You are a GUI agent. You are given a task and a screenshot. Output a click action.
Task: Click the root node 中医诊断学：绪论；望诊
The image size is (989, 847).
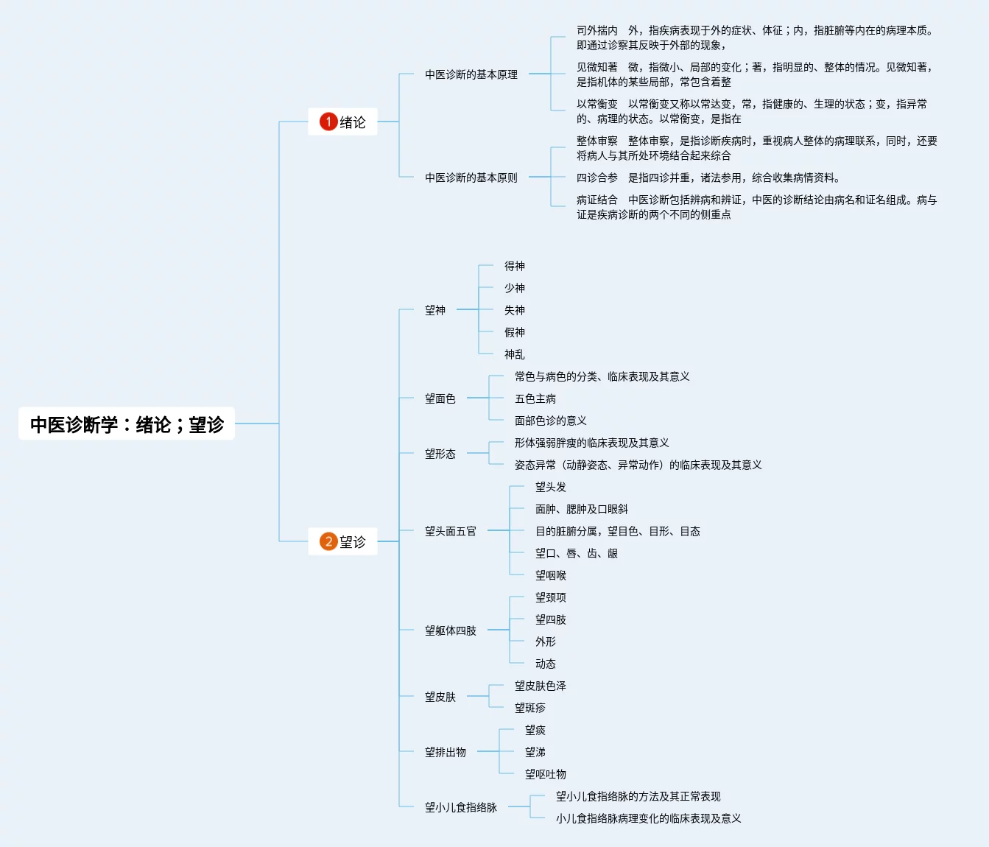coord(127,424)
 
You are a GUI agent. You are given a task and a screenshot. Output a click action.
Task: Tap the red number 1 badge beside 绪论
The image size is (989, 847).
coord(328,122)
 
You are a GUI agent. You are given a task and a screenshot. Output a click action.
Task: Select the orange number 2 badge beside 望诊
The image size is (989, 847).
coord(328,541)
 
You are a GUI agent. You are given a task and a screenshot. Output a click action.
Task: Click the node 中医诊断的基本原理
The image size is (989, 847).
coord(471,74)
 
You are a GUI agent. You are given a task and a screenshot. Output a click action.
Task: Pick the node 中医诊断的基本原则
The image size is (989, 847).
coord(471,178)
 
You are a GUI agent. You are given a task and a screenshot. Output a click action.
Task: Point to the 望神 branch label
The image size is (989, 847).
coord(434,310)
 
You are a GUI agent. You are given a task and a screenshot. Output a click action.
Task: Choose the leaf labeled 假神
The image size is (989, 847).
coord(514,332)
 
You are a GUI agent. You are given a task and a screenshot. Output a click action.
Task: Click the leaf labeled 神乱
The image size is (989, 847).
coord(514,354)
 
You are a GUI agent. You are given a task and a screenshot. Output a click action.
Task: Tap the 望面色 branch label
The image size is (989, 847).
coord(440,398)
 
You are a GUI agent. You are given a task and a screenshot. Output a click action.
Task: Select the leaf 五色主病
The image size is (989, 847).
coord(535,398)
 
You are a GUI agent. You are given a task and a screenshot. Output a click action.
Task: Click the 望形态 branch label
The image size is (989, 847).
coord(440,454)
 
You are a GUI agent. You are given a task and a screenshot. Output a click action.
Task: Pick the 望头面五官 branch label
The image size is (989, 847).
coord(450,531)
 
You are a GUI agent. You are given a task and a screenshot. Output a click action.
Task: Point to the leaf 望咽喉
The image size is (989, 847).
coord(550,575)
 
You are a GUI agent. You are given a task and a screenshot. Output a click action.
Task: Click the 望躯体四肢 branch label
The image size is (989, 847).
coord(450,630)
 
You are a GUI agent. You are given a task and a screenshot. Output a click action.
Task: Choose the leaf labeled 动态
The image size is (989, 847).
coord(545,664)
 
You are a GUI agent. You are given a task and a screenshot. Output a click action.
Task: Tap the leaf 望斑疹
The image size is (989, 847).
coord(529,708)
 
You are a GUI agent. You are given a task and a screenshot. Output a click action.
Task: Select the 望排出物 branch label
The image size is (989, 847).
coord(445,752)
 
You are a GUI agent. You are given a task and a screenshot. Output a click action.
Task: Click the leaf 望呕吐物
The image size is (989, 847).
coord(545,774)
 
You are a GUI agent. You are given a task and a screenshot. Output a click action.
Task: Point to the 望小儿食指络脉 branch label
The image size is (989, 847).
coord(460,807)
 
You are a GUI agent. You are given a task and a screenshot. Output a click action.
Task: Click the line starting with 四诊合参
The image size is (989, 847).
coord(708,178)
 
